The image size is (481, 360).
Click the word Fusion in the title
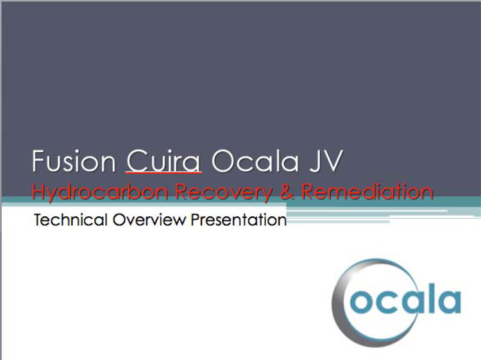(x=74, y=161)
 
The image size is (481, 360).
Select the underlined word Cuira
(x=164, y=161)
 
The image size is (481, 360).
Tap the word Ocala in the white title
(x=255, y=161)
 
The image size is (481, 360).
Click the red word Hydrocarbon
(x=99, y=192)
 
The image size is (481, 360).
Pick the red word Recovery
(x=224, y=192)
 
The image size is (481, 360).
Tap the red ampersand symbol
(x=287, y=191)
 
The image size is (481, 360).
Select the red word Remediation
(x=367, y=191)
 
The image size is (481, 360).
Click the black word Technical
(x=71, y=219)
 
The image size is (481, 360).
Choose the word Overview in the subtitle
(x=149, y=219)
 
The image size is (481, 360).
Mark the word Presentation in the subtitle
(x=239, y=219)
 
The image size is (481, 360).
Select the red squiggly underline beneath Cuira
(x=164, y=173)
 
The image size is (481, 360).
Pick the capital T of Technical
(x=39, y=219)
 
